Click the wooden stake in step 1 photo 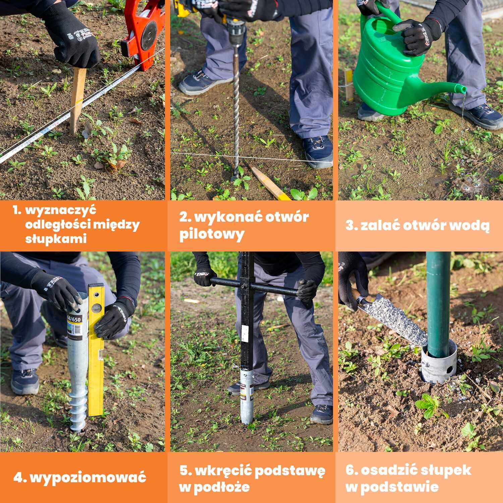point(77,101)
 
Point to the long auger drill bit point(236,111)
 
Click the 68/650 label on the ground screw point(74,319)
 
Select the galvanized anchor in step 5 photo point(247,396)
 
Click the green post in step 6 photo point(438,302)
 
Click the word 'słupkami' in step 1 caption point(56,239)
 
